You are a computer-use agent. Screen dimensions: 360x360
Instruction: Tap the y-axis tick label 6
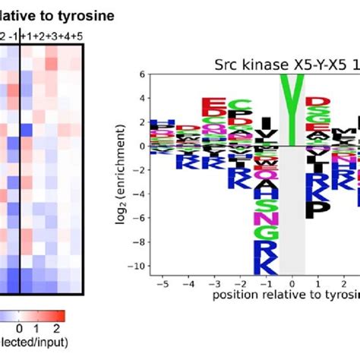[142, 74]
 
